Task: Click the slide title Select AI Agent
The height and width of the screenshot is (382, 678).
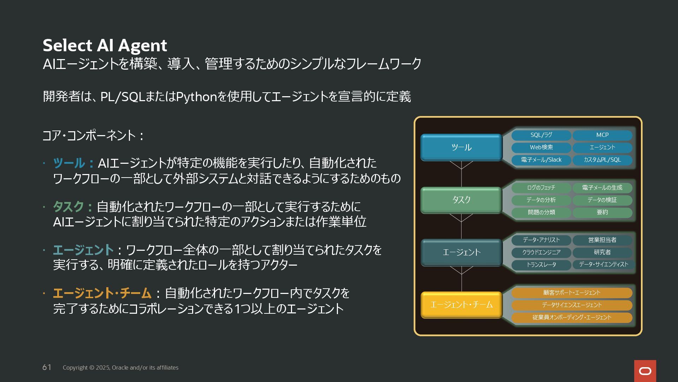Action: click(105, 45)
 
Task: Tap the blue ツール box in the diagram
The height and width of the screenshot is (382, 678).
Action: click(461, 147)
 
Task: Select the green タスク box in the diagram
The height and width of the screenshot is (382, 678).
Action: click(461, 200)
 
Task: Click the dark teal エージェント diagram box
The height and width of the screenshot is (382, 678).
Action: click(461, 252)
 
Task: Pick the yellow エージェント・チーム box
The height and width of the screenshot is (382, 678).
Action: click(461, 305)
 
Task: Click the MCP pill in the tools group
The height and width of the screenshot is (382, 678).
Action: click(602, 135)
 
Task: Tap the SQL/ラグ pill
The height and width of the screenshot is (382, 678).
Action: click(541, 135)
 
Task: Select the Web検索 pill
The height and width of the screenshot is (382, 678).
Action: click(541, 147)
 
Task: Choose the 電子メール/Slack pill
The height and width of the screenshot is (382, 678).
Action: click(541, 160)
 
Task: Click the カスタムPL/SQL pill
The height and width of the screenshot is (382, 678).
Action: click(602, 160)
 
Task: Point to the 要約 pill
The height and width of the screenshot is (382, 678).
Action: click(602, 212)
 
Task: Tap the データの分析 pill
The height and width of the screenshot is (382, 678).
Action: click(541, 200)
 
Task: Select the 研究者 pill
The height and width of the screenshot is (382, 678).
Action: click(602, 252)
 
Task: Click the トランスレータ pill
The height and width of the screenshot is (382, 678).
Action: click(541, 265)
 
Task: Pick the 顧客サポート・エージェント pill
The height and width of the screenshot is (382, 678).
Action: click(571, 293)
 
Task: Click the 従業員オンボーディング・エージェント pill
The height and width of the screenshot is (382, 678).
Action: click(571, 318)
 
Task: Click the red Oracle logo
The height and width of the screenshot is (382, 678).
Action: click(645, 371)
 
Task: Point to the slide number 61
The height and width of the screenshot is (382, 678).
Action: click(47, 367)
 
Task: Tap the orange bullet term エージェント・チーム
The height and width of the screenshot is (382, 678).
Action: click(102, 293)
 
